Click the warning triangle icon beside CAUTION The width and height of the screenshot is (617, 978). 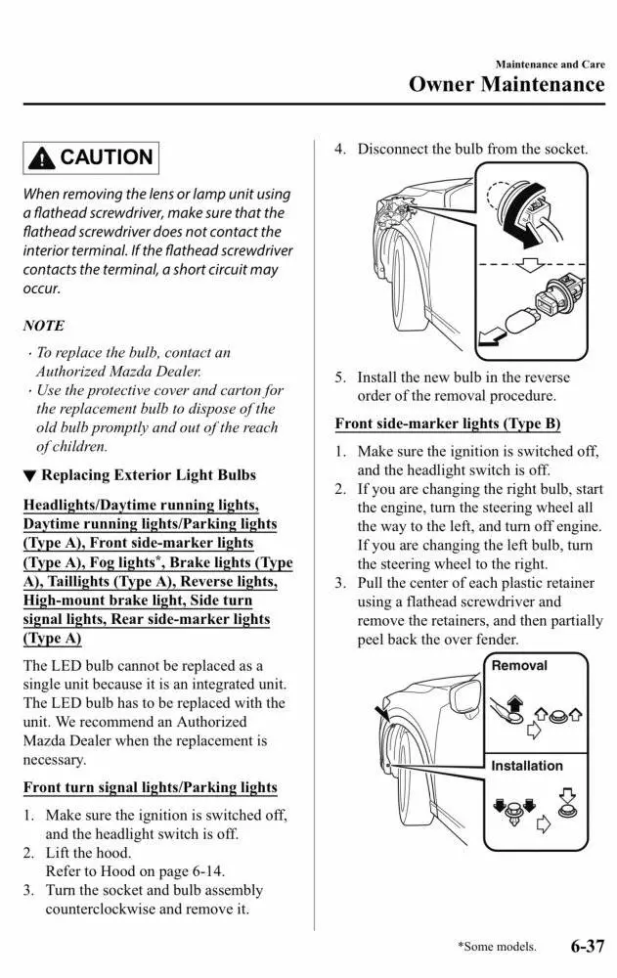pyautogui.click(x=43, y=157)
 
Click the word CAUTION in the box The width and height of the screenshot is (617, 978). pyautogui.click(x=106, y=157)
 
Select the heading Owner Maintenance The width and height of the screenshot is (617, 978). pyautogui.click(x=507, y=84)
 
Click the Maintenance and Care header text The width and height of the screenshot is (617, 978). pyautogui.click(x=550, y=64)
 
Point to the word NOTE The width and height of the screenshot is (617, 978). pyautogui.click(x=43, y=326)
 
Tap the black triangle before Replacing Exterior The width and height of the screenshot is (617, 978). pyautogui.click(x=29, y=476)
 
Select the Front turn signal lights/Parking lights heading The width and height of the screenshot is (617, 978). pyautogui.click(x=150, y=787)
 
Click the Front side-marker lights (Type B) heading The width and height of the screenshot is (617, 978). pyautogui.click(x=447, y=424)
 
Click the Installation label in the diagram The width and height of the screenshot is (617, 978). pyautogui.click(x=526, y=766)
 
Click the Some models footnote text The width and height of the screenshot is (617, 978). pyautogui.click(x=497, y=947)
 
